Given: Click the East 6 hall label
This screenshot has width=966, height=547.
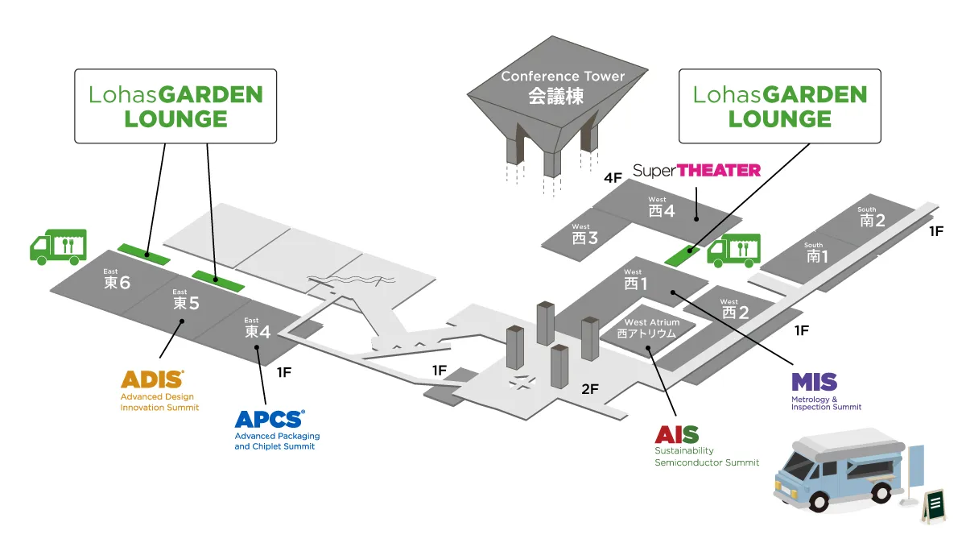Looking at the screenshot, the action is (117, 279).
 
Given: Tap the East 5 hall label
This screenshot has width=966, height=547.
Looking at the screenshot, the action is (186, 300).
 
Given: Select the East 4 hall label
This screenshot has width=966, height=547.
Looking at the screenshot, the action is (258, 328).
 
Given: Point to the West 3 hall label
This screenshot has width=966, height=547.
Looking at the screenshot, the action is (584, 234).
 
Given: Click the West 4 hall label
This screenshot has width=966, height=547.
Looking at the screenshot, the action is (662, 207).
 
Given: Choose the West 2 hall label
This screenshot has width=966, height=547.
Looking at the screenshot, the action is (735, 309).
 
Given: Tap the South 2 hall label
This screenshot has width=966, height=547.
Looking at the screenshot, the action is (873, 217).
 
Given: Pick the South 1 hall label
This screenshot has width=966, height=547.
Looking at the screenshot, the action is (817, 253).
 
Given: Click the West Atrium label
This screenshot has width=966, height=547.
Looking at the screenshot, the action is (651, 328).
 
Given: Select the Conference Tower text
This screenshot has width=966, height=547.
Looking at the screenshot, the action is (563, 77).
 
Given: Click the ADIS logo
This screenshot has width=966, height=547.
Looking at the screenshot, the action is (152, 379).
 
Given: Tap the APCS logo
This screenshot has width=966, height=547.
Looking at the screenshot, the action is (270, 419).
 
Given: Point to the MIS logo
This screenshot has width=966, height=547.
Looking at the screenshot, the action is (814, 382).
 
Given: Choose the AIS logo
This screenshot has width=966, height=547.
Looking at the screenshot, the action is (677, 434).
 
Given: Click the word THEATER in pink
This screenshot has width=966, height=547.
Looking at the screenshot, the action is (719, 171).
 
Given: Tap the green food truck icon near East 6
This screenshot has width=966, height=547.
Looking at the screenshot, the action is (58, 247).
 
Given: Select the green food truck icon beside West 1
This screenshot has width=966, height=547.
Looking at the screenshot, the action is (734, 251).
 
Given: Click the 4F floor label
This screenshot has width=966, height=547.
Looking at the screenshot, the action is (613, 178).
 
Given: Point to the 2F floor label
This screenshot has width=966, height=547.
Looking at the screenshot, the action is (590, 389).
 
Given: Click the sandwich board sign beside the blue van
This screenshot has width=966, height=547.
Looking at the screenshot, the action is (934, 505).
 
